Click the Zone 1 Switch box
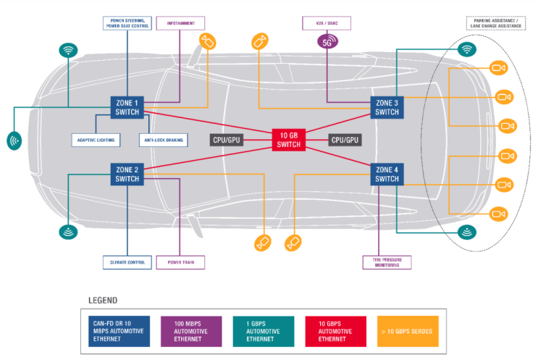point(127,107)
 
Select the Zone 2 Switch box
point(127,174)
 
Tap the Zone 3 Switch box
point(387,107)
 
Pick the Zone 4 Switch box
point(387,174)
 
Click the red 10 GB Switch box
point(287,140)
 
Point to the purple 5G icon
point(329,42)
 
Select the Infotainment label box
point(180,23)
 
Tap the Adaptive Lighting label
point(96,139)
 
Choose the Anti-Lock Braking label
point(164,139)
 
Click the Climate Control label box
point(127,262)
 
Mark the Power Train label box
point(180,262)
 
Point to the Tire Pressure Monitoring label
point(386,262)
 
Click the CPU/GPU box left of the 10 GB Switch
point(226,140)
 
